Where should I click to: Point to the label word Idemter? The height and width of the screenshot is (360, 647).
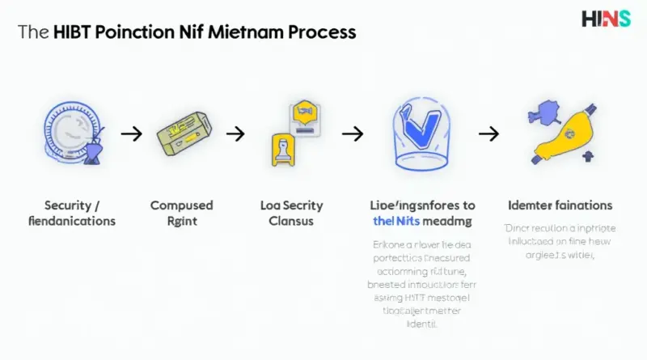[x=531, y=205]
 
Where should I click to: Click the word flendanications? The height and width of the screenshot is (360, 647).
[x=72, y=221]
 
